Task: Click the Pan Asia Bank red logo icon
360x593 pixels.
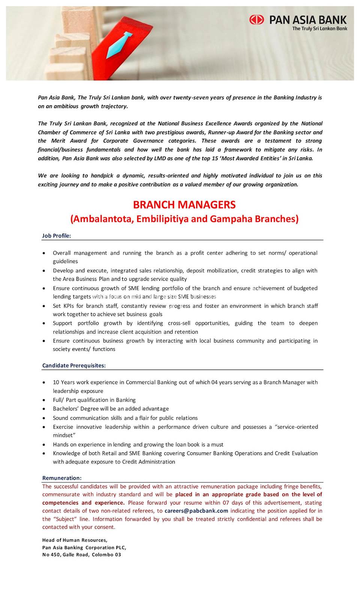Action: click(257, 19)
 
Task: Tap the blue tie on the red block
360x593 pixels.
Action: click(120, 45)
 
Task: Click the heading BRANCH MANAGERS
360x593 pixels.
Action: click(184, 205)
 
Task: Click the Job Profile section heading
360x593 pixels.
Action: click(57, 236)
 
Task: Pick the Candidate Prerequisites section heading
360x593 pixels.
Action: click(74, 365)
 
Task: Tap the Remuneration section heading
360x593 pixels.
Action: click(62, 478)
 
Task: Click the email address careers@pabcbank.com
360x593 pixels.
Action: click(196, 511)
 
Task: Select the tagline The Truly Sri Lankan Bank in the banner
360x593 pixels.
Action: click(320, 28)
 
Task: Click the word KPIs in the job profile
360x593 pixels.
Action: click(68, 306)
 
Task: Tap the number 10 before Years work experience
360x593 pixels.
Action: click(56, 382)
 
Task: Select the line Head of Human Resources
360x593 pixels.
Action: click(75, 540)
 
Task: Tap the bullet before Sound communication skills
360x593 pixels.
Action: click(45, 418)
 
